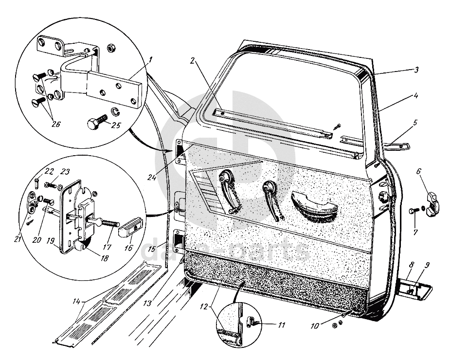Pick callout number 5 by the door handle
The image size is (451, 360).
point(415,123)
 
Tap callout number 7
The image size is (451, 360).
point(415,233)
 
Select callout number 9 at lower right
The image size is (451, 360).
point(427,266)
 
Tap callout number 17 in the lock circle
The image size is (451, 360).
point(107,247)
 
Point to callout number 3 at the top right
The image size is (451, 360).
point(415,70)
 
